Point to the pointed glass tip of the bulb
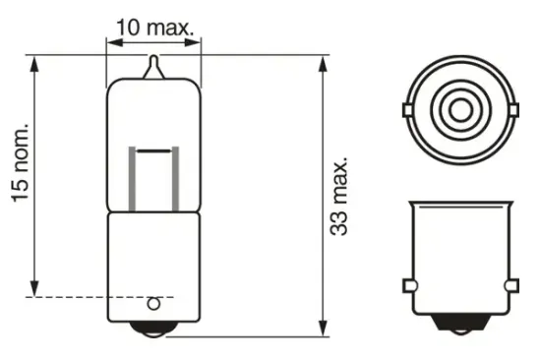point(152,67)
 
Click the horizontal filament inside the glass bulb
point(152,151)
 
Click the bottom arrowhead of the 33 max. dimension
point(324,330)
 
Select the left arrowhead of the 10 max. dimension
point(110,41)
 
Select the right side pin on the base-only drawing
point(511,285)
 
